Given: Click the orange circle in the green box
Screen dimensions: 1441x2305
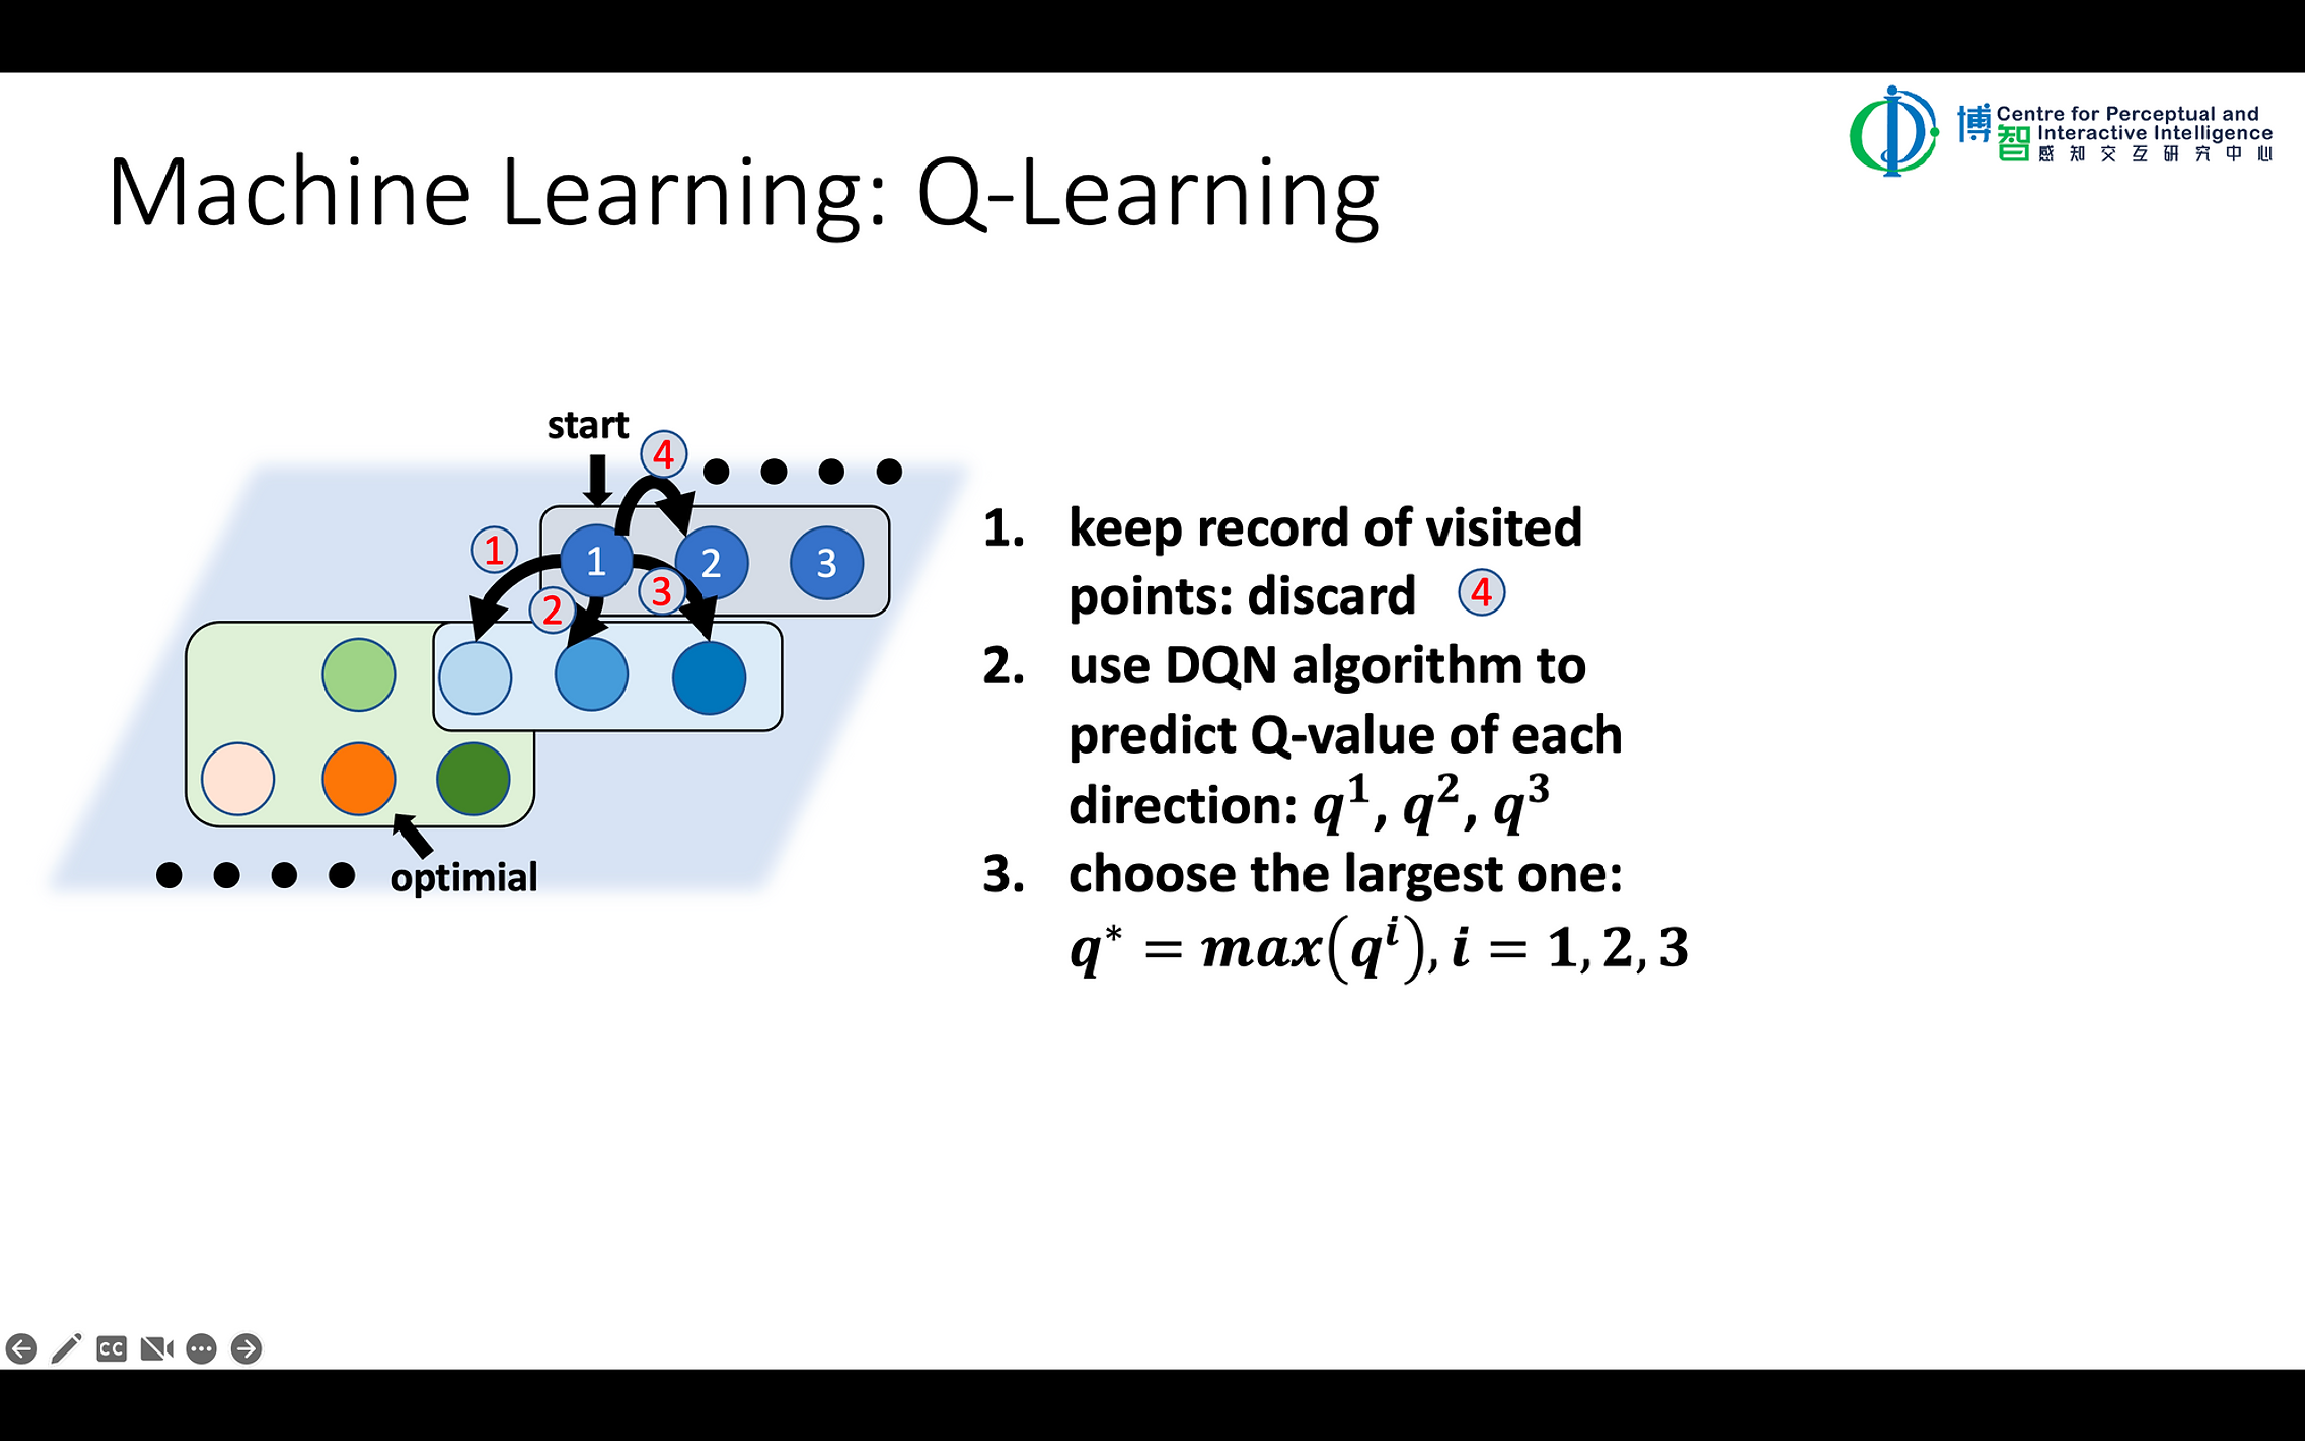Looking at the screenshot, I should [x=358, y=779].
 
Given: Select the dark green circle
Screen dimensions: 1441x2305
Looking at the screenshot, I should [x=473, y=779].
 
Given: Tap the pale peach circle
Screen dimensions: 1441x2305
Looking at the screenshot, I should [x=238, y=779].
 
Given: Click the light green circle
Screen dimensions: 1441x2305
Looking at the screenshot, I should [x=358, y=675].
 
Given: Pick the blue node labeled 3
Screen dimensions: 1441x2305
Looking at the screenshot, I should [x=826, y=562].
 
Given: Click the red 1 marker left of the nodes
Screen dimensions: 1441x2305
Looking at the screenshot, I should [x=494, y=550].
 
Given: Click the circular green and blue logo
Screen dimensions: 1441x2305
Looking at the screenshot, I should [x=1893, y=131].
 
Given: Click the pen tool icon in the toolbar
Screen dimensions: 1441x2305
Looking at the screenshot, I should [x=66, y=1348].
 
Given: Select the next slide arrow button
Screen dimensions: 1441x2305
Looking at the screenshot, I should [x=246, y=1348].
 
